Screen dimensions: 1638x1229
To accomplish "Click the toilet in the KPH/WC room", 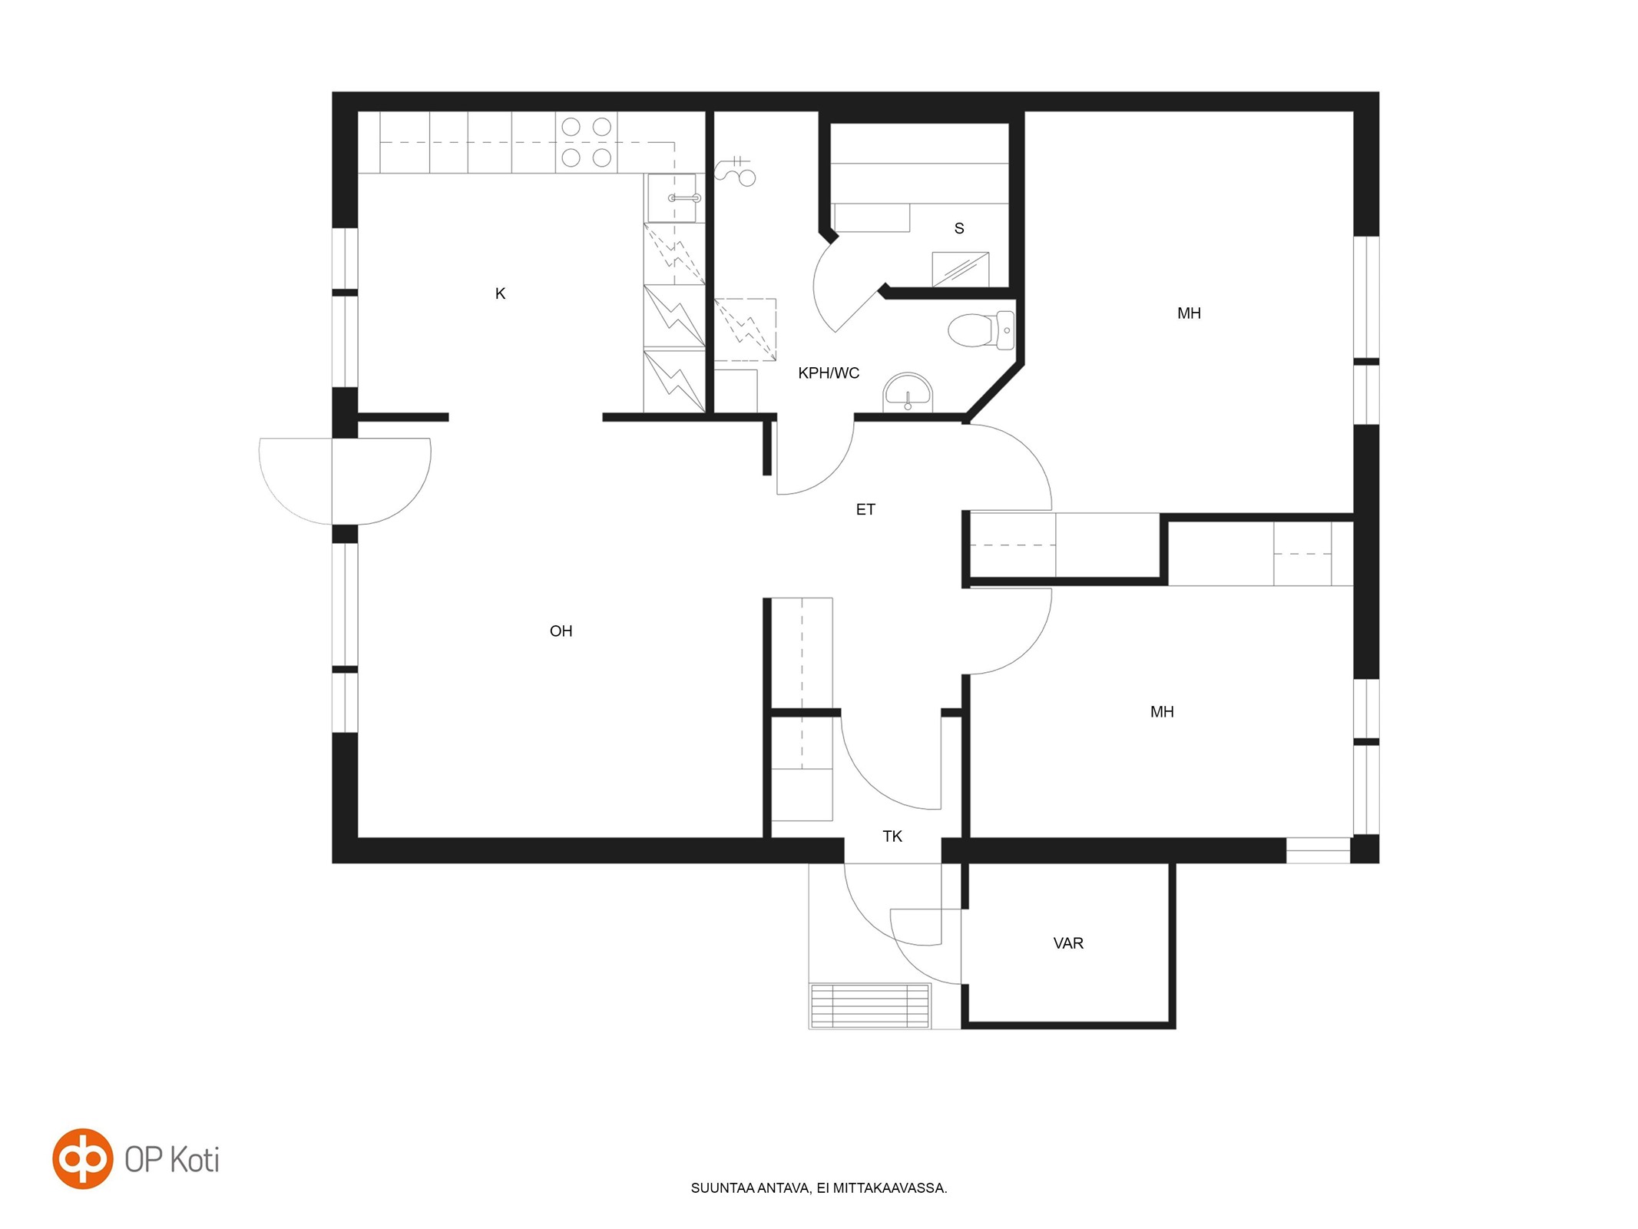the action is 981,330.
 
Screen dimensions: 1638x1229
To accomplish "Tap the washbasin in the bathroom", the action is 907,392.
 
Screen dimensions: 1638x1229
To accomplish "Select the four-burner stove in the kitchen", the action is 586,142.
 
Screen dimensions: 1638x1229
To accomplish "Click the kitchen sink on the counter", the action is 673,198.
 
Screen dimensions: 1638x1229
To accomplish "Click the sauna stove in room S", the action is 960,269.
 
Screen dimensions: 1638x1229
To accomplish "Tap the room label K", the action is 500,293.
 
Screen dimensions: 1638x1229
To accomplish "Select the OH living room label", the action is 561,631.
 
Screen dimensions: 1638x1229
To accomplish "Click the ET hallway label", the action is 865,509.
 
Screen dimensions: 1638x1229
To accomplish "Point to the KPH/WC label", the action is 829,373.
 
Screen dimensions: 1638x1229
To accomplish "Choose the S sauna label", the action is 959,228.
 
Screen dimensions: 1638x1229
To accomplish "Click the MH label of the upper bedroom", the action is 1189,313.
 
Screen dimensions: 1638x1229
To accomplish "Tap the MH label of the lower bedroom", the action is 1162,712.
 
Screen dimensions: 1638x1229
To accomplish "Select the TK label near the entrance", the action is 892,836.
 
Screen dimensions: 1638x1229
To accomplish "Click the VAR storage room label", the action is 1068,943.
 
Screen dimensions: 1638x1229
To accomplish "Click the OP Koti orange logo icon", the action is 82,1158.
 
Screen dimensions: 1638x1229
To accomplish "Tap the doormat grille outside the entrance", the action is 869,1005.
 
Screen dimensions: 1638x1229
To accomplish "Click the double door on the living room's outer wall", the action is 345,482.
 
